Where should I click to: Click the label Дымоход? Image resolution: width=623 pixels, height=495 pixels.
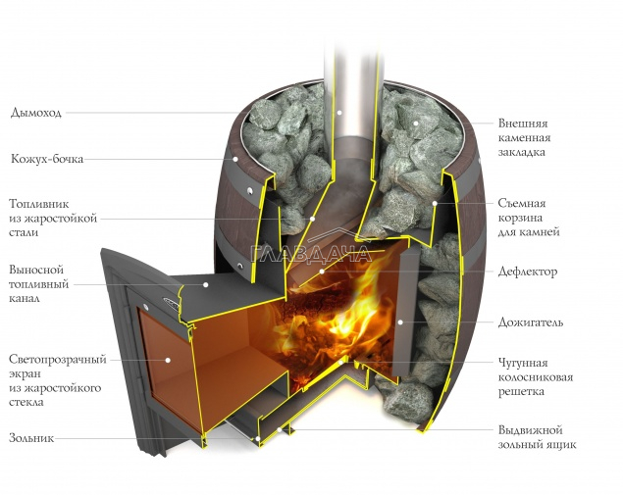pyautogui.click(x=36, y=113)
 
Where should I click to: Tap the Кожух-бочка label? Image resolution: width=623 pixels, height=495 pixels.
pyautogui.click(x=47, y=159)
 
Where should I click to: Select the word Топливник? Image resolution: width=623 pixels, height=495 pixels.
pyautogui.click(x=39, y=204)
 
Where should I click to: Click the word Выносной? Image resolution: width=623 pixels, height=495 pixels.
pyautogui.click(x=36, y=270)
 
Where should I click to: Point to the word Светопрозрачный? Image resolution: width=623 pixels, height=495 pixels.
pyautogui.click(x=58, y=360)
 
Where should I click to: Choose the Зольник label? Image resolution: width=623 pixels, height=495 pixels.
pyautogui.click(x=31, y=438)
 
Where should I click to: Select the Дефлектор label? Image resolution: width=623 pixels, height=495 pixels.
pyautogui.click(x=528, y=272)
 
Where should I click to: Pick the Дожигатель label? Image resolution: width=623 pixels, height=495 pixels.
pyautogui.click(x=531, y=322)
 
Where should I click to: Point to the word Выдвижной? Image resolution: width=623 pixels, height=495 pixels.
pyautogui.click(x=531, y=430)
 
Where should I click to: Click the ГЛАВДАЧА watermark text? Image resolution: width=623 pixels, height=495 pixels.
pyautogui.click(x=310, y=254)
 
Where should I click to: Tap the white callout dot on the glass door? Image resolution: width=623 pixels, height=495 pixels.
pyautogui.click(x=168, y=360)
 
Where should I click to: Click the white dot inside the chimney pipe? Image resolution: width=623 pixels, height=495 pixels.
pyautogui.click(x=339, y=113)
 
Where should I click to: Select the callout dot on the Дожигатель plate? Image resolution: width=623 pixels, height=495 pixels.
pyautogui.click(x=400, y=322)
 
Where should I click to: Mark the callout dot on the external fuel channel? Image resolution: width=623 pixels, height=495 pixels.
pyautogui.click(x=206, y=284)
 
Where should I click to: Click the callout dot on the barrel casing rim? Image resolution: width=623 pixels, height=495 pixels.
pyautogui.click(x=235, y=159)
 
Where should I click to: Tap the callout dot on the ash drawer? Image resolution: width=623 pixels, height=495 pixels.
pyautogui.click(x=280, y=429)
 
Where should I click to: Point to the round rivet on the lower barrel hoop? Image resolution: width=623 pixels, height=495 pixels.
pyautogui.click(x=240, y=266)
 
